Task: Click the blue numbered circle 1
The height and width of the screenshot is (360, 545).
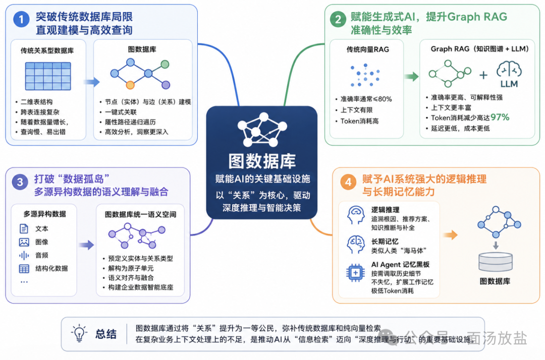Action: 21,19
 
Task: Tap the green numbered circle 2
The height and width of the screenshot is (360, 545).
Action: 338,19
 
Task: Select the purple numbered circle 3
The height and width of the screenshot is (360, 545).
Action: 20,182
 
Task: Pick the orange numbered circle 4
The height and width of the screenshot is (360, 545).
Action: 348,182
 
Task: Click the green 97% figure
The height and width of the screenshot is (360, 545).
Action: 500,117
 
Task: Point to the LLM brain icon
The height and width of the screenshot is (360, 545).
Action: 509,69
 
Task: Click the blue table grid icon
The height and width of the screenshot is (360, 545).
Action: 48,76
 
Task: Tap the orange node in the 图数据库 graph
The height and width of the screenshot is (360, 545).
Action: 130,85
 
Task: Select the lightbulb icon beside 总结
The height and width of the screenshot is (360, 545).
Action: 79,334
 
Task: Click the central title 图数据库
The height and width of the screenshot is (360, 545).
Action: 262,161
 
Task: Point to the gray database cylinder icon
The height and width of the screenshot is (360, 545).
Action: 496,262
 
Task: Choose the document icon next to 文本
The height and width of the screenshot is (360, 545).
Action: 24,229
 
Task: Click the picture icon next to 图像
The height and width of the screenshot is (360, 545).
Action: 24,242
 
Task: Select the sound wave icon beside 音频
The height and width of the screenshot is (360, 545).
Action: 24,256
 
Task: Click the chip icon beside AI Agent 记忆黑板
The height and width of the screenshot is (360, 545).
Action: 355,273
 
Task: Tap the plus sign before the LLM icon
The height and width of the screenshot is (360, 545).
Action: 483,75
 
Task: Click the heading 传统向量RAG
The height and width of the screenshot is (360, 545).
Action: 367,49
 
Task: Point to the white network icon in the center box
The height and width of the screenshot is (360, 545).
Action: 262,129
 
